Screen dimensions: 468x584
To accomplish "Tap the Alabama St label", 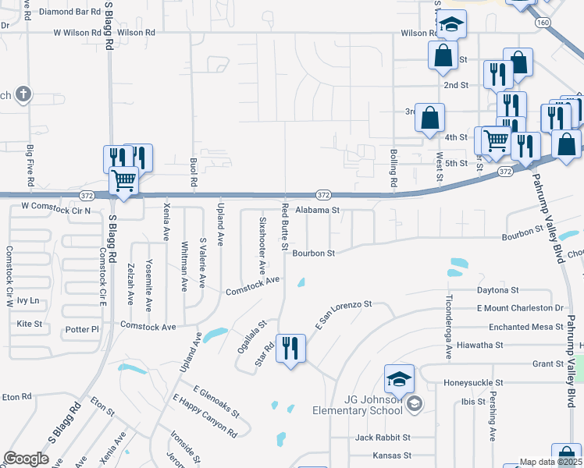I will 317,210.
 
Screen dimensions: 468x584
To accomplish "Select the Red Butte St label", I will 286,222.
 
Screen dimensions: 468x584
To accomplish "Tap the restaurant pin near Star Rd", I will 290,349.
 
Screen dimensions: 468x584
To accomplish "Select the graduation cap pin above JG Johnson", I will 399,380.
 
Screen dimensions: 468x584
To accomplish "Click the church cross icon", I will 23,94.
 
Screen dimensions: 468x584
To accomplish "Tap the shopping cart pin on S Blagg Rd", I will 124,181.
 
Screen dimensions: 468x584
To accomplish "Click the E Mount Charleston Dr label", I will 520,308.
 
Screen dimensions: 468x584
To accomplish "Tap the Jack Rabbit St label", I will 382,438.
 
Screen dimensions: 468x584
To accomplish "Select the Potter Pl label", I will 83,329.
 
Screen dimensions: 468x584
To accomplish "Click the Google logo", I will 26,459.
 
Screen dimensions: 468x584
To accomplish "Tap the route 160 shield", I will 543,22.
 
